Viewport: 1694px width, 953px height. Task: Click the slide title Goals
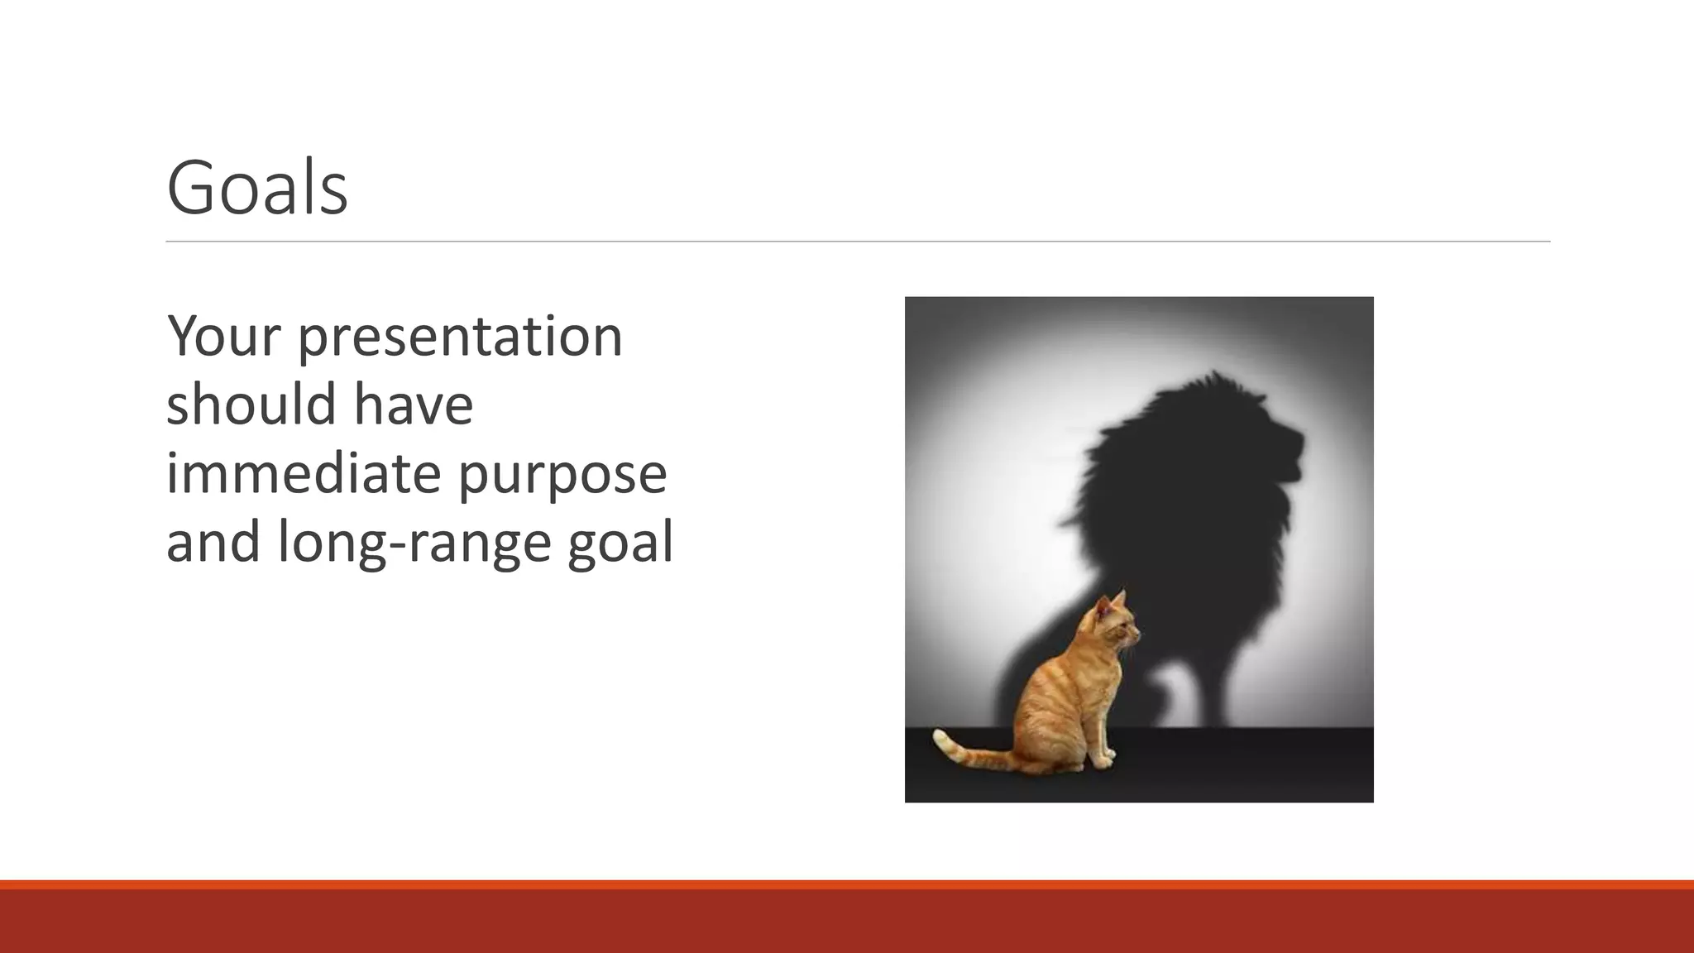pos(256,189)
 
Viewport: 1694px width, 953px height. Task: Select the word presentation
pos(460,338)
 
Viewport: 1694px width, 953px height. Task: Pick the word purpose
pos(562,475)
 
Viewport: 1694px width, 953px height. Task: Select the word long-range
pos(414,543)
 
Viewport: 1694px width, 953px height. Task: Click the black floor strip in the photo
pos(1241,765)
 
